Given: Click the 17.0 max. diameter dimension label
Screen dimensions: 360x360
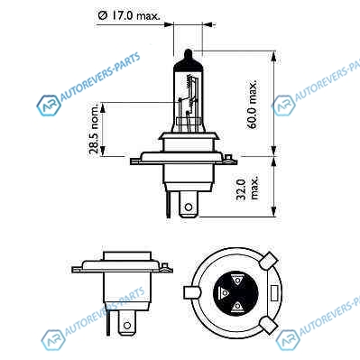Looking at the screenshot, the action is coord(128,15).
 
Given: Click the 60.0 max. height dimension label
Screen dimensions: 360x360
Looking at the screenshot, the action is coord(253,104).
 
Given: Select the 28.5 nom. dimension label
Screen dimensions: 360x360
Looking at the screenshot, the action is coord(95,129).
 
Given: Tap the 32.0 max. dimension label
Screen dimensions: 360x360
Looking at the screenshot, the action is coord(247,189).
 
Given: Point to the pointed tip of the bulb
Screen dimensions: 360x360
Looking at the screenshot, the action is coord(188,51).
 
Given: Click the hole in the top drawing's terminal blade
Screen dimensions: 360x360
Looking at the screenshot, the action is coord(189,207).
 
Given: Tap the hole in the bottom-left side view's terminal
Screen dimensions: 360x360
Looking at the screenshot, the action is coord(127,326).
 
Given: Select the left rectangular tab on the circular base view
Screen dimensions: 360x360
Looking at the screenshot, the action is coord(191,292).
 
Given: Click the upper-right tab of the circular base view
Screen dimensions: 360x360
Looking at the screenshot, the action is coord(269,261).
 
